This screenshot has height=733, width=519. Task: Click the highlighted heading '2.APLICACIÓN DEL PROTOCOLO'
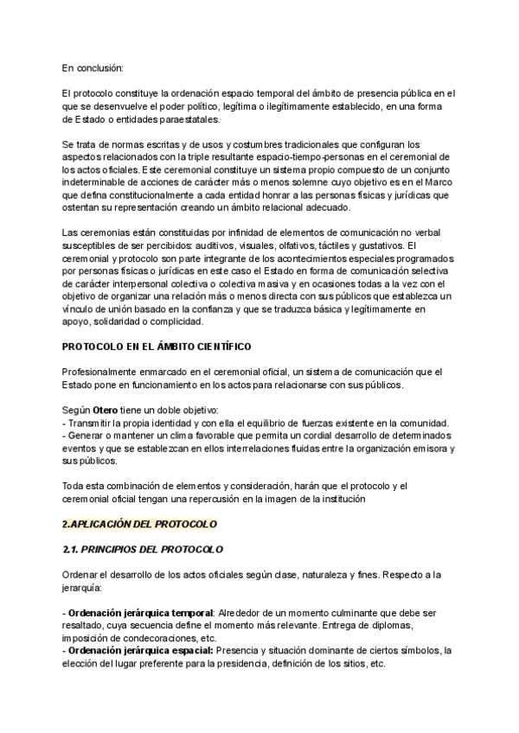139,524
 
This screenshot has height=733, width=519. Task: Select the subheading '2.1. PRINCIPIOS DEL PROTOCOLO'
143,550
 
